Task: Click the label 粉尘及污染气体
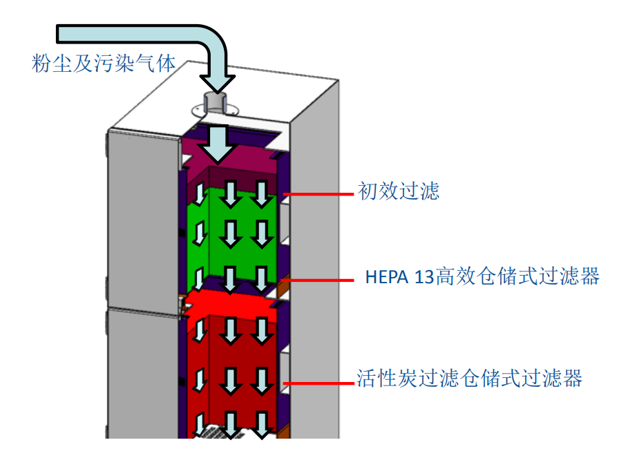pos(104,63)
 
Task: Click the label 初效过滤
pos(398,191)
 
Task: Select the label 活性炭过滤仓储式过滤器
pos(470,379)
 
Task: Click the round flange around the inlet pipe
pos(200,108)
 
